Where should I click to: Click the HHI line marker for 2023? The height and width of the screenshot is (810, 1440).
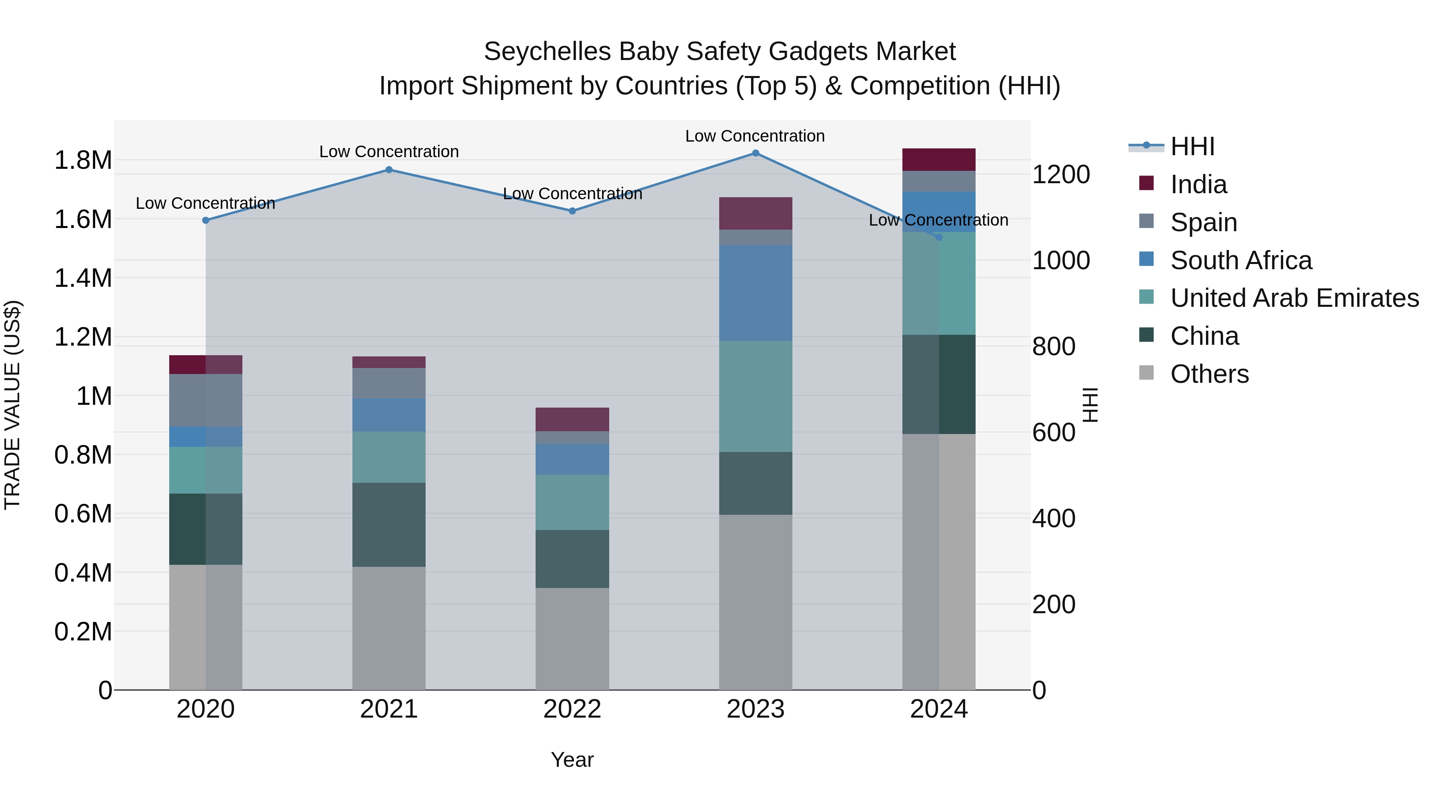click(x=755, y=153)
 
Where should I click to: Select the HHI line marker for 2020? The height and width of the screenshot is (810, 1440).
click(x=206, y=220)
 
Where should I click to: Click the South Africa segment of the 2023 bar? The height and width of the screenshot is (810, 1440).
click(x=755, y=293)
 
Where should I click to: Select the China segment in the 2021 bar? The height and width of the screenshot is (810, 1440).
click(x=389, y=525)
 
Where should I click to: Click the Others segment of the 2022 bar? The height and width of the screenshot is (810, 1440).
click(x=572, y=638)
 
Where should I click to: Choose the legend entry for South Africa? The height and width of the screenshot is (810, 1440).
click(x=1240, y=260)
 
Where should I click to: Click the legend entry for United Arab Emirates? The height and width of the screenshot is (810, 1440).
click(x=1294, y=298)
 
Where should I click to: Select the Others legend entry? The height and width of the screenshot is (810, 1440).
click(x=1209, y=374)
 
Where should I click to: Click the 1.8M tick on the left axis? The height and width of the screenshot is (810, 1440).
click(x=83, y=161)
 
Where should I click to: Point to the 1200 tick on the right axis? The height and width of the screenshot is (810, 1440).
click(x=1060, y=175)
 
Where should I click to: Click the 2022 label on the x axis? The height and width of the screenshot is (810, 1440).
click(x=572, y=709)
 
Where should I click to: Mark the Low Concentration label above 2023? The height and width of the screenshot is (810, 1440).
click(x=755, y=136)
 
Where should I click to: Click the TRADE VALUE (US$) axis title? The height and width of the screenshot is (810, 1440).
click(x=12, y=405)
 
